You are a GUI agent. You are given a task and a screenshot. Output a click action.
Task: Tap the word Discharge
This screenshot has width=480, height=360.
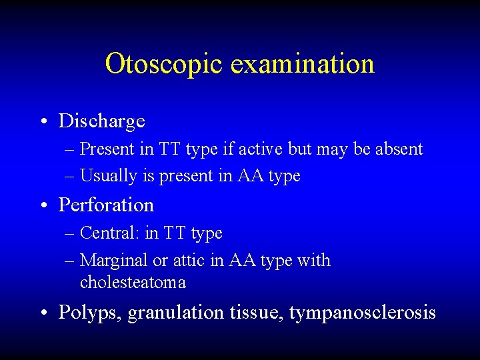[x=101, y=121]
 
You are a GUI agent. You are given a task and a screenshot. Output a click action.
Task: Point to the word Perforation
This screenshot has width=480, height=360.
[x=106, y=205]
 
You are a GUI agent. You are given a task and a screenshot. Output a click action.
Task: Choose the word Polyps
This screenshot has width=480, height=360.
[x=90, y=313]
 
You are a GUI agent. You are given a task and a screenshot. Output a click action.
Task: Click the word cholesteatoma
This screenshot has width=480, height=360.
[x=133, y=283]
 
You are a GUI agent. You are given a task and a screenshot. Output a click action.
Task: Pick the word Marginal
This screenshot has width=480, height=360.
[x=110, y=261]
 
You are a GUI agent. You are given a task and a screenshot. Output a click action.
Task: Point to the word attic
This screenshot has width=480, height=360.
[x=190, y=261]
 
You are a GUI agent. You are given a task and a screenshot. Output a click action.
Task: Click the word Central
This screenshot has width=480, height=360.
[x=103, y=233]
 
